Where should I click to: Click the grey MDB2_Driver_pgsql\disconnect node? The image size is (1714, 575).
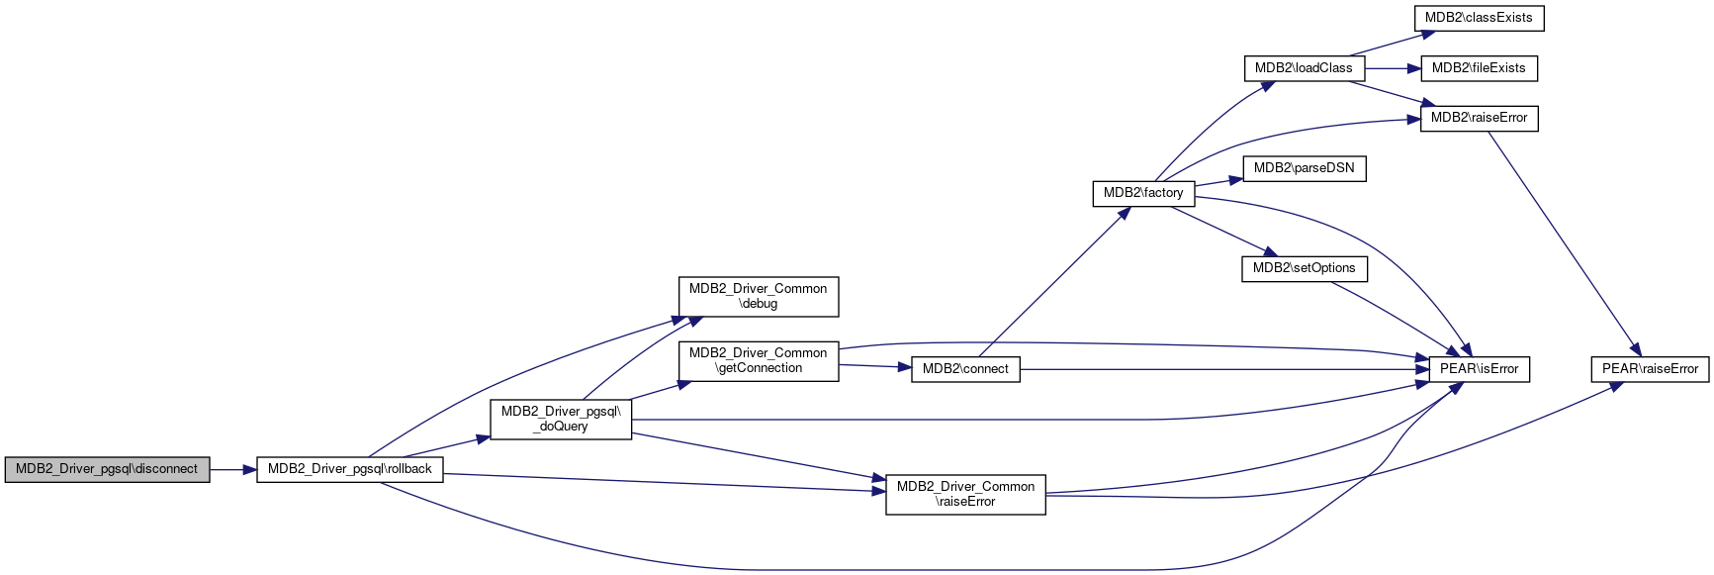click(107, 469)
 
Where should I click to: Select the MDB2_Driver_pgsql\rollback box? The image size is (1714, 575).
click(349, 469)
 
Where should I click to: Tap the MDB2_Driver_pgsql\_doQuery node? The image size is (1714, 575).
click(561, 419)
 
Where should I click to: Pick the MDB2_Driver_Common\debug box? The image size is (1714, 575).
click(759, 296)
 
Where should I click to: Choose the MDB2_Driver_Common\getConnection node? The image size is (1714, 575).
click(759, 360)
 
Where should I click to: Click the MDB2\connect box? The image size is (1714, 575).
click(965, 369)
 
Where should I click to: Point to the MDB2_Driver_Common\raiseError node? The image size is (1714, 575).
click(965, 494)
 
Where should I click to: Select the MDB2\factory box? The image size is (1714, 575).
click(1143, 193)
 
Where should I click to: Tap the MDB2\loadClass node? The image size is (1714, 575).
click(1304, 68)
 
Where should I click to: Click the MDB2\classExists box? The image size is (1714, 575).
click(1479, 18)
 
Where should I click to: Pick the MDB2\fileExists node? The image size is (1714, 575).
click(1479, 68)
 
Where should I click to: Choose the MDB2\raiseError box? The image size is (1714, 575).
click(1479, 118)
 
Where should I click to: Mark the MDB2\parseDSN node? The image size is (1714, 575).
click(1304, 168)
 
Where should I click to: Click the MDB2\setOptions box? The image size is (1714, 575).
click(1304, 268)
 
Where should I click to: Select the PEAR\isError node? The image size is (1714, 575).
click(1479, 369)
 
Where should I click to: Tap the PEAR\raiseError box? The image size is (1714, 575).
click(1650, 369)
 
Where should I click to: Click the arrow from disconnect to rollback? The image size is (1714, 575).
click(233, 469)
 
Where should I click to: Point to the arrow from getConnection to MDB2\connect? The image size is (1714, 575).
click(875, 367)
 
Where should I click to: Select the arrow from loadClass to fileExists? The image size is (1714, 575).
click(1393, 68)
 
